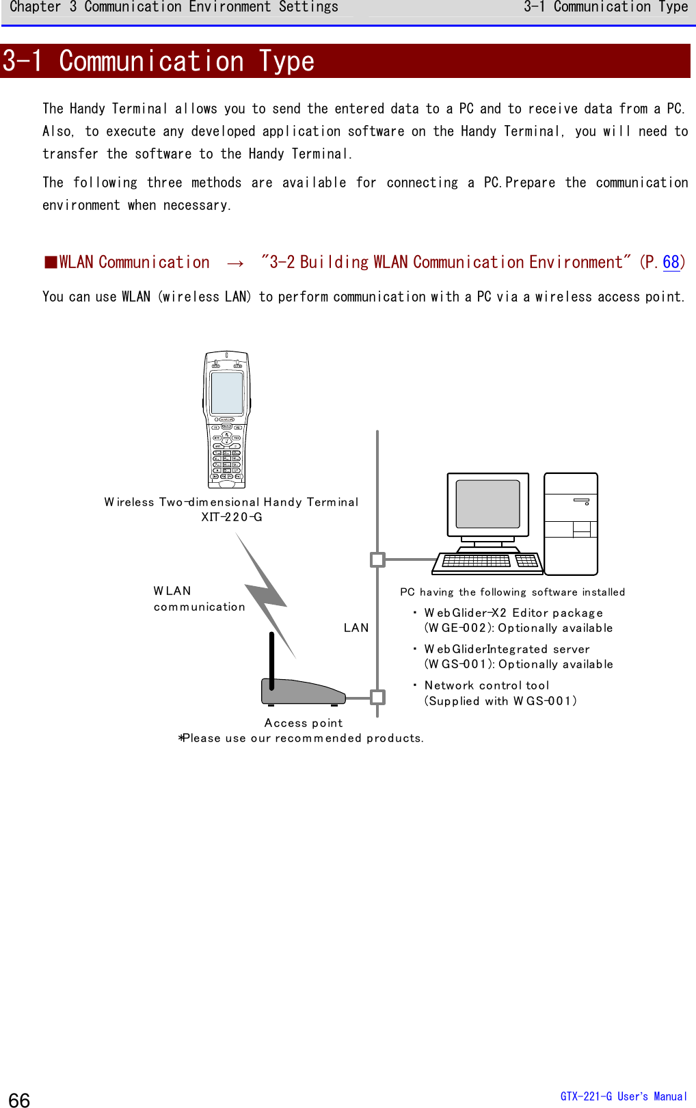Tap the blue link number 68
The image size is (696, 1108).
[671, 263]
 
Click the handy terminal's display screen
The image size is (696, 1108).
[227, 393]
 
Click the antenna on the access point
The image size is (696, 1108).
[271, 660]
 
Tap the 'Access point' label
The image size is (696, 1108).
[304, 723]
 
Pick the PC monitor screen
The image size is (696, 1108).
[487, 503]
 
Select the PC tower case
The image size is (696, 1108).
[571, 523]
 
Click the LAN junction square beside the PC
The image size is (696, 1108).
[377, 559]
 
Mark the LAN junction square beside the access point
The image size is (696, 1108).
[377, 697]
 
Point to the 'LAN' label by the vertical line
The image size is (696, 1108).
[356, 628]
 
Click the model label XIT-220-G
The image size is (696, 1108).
[232, 517]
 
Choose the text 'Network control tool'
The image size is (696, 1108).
[487, 685]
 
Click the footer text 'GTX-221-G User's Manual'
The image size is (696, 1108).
[624, 1096]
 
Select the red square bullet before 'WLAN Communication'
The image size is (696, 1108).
[51, 263]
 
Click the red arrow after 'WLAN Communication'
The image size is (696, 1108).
[235, 263]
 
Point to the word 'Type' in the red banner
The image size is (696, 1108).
[286, 62]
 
